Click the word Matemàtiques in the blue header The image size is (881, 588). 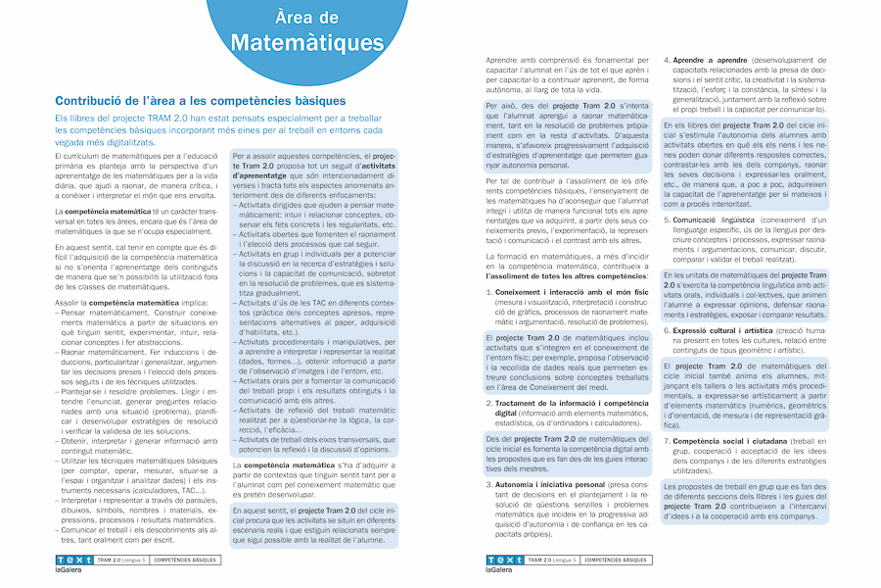click(307, 42)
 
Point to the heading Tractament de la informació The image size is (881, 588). click(557, 402)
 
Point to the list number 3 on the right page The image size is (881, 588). click(489, 484)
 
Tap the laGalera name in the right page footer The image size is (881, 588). click(499, 569)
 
